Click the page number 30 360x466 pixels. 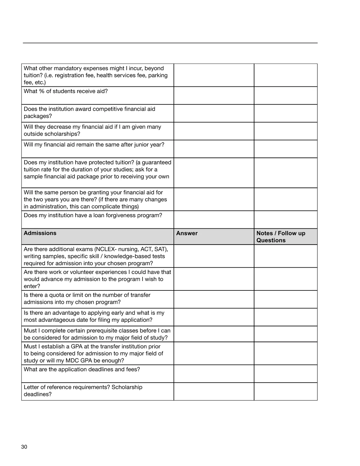(x=24, y=447)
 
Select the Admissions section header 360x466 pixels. (x=40, y=233)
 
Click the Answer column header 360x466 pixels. (x=187, y=233)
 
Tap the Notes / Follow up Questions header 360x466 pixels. (x=280, y=237)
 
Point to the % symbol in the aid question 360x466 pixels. (x=42, y=91)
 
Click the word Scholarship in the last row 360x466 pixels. (x=127, y=387)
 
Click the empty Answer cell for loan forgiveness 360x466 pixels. (x=214, y=220)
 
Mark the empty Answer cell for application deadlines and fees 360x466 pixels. (x=214, y=374)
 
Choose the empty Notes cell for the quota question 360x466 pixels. (x=286, y=299)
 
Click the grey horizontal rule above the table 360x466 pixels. (x=170, y=43)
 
